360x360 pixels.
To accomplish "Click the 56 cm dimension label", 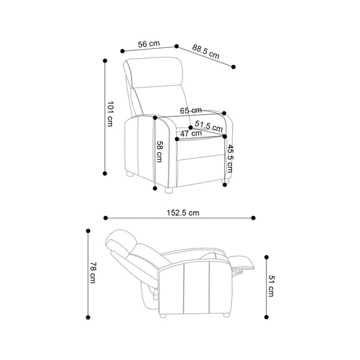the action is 149,44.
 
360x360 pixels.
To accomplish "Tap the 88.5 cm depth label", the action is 206,52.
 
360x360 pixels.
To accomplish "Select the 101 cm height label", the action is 110,114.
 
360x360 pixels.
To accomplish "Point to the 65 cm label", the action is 191,110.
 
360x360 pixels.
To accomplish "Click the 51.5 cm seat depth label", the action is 209,126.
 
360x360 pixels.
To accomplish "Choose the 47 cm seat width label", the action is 191,133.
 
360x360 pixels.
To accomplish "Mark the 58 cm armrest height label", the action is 160,152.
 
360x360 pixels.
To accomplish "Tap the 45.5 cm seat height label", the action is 230,158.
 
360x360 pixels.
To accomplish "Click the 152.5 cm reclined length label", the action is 183,213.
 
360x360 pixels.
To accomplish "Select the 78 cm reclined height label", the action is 93,272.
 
